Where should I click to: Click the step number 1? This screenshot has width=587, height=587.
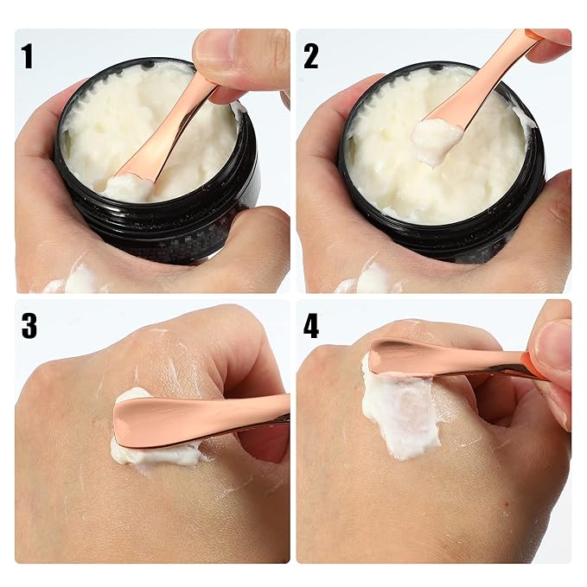click(x=28, y=56)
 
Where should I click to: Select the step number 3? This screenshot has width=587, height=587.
click(x=29, y=326)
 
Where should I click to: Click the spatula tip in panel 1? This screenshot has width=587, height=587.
click(x=130, y=184)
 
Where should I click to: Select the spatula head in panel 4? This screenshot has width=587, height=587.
click(x=406, y=357)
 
